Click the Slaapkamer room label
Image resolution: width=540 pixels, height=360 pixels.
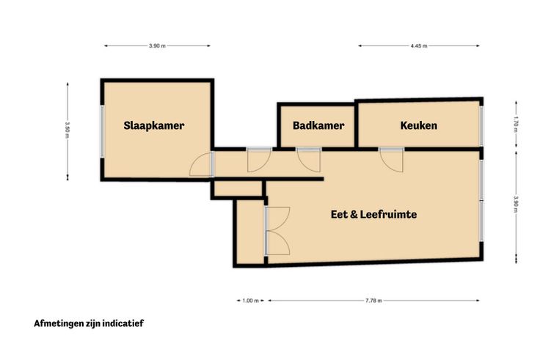tap(153, 125)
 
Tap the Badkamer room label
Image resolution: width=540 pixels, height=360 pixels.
tap(318, 125)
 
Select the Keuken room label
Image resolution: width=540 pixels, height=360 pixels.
tap(418, 125)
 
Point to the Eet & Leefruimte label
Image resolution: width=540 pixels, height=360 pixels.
tap(373, 214)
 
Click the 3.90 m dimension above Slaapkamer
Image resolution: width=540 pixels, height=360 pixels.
tap(158, 45)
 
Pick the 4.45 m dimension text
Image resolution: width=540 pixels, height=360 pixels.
tap(419, 45)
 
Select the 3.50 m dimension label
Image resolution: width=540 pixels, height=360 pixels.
tap(67, 131)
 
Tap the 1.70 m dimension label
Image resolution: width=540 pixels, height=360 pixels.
tap(516, 125)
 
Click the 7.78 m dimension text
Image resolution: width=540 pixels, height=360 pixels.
tap(373, 301)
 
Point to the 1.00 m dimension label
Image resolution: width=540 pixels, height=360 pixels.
tap(250, 301)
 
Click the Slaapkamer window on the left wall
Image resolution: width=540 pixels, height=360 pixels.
tap(102, 131)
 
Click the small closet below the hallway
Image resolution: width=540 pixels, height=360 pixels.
tap(238, 188)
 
